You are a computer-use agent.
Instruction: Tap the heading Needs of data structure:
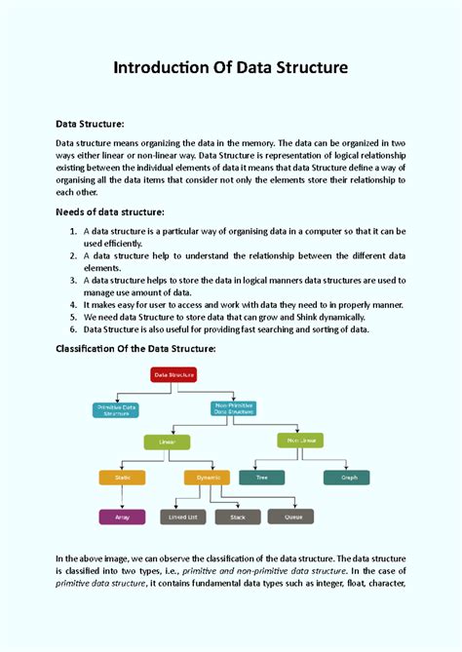[109, 212]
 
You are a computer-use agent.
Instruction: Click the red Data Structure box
[173, 374]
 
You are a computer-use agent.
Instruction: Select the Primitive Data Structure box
[116, 410]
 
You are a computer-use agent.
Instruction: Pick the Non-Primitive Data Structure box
[235, 410]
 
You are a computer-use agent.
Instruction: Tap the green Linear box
[168, 441]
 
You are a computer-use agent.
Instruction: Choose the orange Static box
[123, 478]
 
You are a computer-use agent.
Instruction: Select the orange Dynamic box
[208, 478]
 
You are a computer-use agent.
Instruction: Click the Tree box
[262, 478]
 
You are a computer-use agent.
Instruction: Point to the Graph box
[347, 478]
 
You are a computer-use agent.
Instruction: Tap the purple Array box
[123, 517]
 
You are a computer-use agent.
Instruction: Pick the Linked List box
[182, 517]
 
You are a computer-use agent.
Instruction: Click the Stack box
[238, 517]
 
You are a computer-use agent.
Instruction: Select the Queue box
[293, 517]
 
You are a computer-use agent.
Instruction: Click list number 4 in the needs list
[74, 304]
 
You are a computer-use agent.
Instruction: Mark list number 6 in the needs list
[74, 328]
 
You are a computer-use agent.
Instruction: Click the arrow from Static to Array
[123, 497]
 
